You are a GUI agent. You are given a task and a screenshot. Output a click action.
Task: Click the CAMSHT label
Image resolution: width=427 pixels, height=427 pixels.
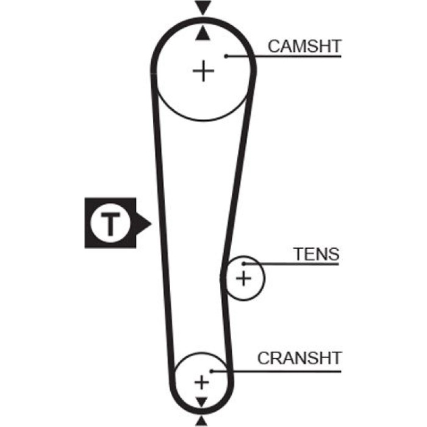coord(304,46)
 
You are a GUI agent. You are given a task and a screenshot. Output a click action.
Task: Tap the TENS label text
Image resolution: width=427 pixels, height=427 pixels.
coord(317,254)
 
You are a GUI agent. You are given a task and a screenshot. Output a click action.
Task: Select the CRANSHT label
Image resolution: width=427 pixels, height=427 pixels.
coord(300,358)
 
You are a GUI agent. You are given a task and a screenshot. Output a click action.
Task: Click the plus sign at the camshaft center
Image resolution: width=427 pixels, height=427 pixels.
coord(203,71)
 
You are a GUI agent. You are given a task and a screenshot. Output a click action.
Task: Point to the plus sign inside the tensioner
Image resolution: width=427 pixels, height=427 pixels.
coord(243,279)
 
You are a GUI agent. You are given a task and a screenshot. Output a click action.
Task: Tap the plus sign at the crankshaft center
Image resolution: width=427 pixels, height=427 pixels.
coord(202,382)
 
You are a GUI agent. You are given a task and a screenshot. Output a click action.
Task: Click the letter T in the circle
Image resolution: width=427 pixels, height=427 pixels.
coord(110,224)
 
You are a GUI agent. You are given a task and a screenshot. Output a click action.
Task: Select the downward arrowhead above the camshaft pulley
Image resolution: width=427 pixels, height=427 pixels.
coord(203,7)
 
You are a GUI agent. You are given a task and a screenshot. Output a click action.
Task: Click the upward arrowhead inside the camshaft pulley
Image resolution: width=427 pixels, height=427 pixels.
coord(203,33)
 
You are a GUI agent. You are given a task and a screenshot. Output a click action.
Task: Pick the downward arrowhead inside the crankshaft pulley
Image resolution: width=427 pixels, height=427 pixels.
coord(202,402)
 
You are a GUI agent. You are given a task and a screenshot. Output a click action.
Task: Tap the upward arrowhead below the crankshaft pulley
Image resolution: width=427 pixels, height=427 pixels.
coord(201,421)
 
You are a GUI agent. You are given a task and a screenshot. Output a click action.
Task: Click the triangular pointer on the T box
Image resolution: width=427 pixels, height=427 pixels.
coord(143,224)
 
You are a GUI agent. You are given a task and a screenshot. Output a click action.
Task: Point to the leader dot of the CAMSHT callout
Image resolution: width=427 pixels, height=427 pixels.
coord(226,56)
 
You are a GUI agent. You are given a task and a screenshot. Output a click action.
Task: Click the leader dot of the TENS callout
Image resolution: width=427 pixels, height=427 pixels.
coord(244,264)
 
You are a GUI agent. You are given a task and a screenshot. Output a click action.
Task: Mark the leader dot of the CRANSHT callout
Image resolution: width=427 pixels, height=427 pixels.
coord(212,371)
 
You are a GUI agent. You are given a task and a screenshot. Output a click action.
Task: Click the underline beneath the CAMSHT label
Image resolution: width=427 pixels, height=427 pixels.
coord(284,56)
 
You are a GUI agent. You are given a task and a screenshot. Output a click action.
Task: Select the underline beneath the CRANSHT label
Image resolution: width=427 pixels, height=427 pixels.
coord(276,371)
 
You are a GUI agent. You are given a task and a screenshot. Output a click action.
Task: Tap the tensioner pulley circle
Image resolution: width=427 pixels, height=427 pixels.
coord(264,278)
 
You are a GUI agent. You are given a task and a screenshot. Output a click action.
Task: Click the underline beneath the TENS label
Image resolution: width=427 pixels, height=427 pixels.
coord(292,264)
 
